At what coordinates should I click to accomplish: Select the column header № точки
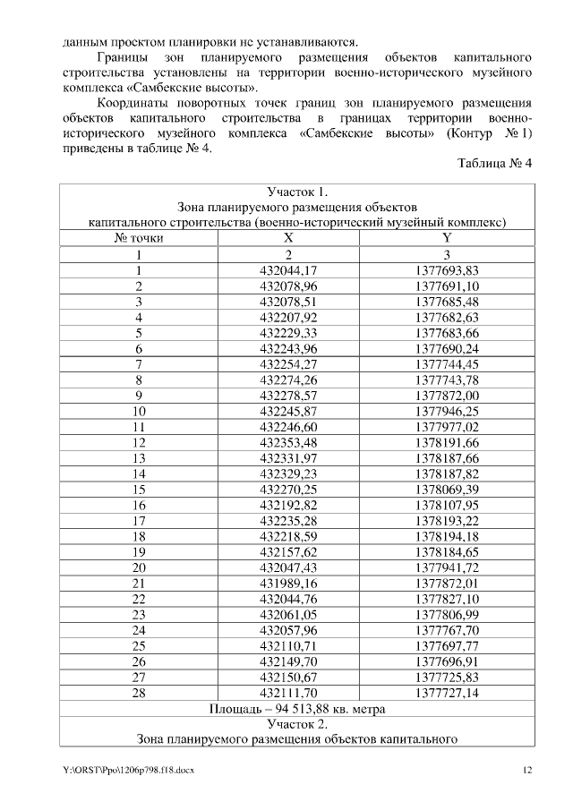tap(139, 237)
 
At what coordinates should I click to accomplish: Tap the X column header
tap(288, 237)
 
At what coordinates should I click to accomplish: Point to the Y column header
tap(447, 237)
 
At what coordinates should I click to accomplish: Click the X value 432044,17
tap(288, 270)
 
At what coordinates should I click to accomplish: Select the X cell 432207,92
tap(288, 317)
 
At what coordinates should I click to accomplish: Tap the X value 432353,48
tap(288, 441)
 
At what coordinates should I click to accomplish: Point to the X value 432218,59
tap(288, 535)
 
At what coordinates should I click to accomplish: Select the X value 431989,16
tap(288, 583)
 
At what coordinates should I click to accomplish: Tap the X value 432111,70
tap(288, 692)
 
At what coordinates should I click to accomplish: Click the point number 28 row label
tap(139, 692)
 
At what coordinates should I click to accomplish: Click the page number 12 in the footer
tap(527, 770)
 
